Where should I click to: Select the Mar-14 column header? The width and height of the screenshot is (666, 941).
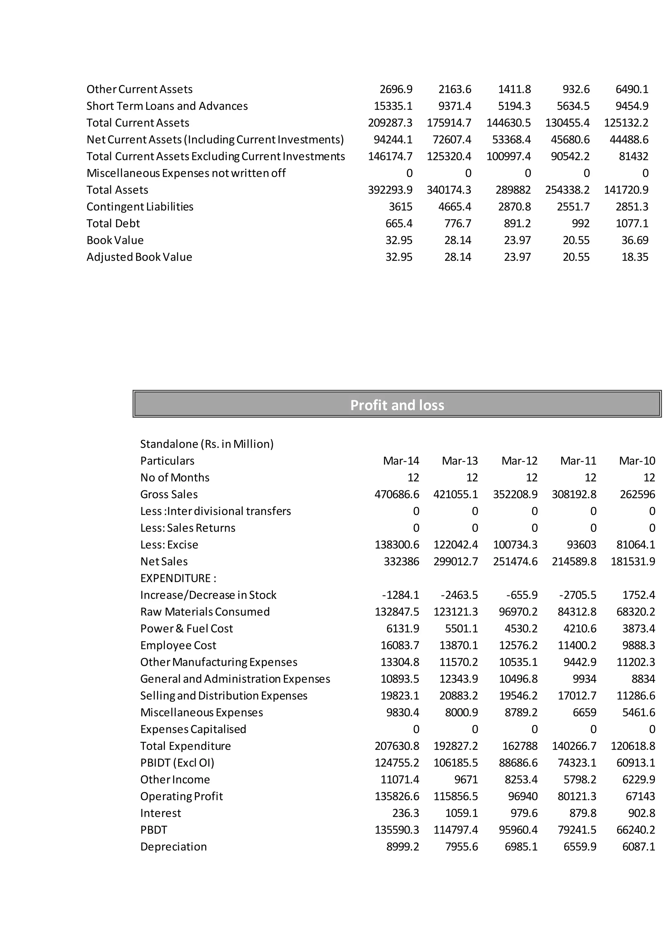[401, 461]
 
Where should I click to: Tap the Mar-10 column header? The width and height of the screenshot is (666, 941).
[637, 461]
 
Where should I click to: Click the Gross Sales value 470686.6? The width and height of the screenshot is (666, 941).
[396, 494]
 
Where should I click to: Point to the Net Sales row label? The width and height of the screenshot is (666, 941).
[164, 561]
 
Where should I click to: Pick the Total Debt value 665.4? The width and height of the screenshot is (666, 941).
[399, 223]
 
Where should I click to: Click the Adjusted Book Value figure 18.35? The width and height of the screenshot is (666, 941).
[634, 257]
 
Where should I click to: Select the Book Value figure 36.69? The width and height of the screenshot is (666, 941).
[634, 240]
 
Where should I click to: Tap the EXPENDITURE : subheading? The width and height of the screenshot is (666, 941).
[178, 578]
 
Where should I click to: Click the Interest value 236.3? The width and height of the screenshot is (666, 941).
[405, 813]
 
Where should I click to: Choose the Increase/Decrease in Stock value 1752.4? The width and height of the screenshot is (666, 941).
[639, 595]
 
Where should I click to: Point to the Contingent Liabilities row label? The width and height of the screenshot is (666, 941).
[140, 207]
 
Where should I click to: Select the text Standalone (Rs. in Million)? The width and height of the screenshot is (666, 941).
[207, 444]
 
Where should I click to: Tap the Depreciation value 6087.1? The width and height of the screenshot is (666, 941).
[639, 847]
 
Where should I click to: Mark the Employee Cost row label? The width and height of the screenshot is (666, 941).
[178, 646]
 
